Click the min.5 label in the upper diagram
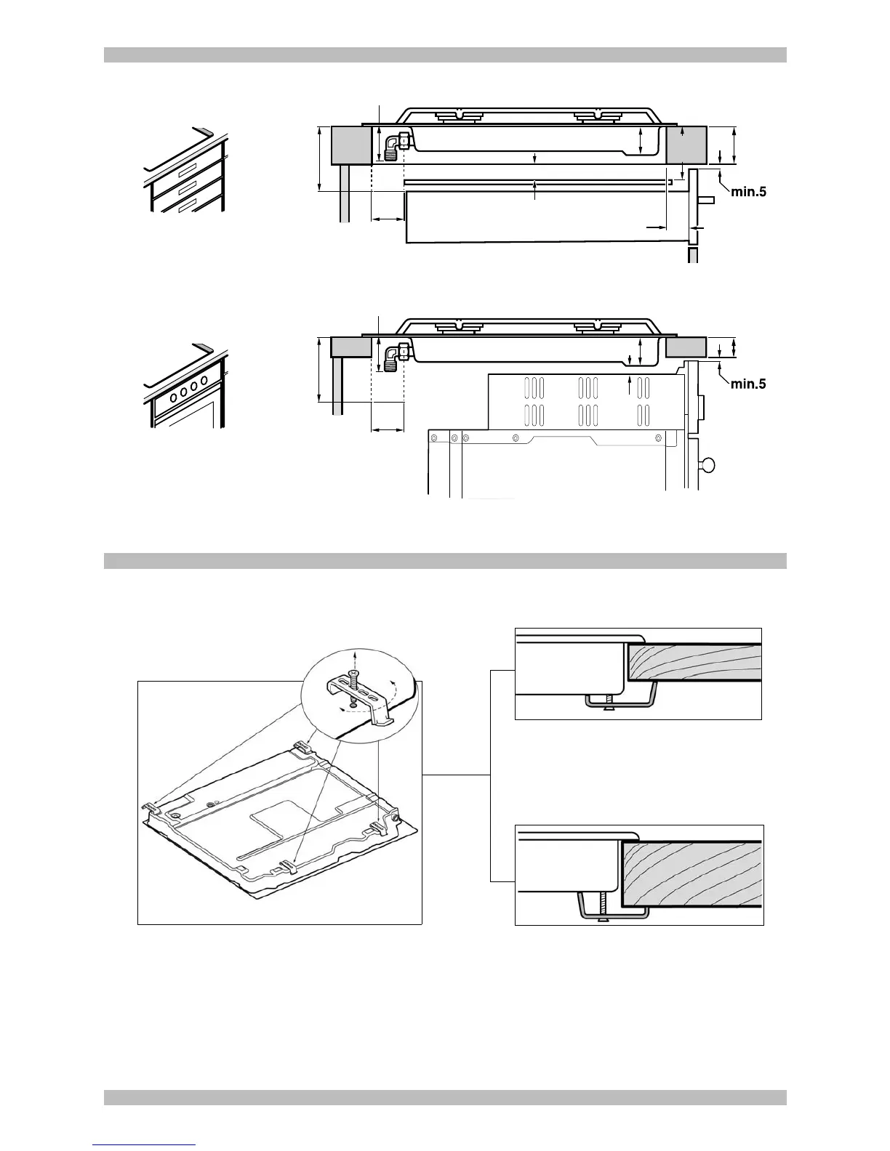pyautogui.click(x=748, y=193)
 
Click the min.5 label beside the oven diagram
pyautogui.click(x=748, y=384)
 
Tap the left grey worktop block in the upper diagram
pyautogui.click(x=351, y=145)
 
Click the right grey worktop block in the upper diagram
pyautogui.click(x=686, y=145)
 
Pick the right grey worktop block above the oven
pyautogui.click(x=686, y=347)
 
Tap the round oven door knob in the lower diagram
pyautogui.click(x=707, y=465)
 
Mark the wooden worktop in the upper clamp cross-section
pyautogui.click(x=694, y=661)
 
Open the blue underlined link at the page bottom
pyautogui.click(x=144, y=1145)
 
